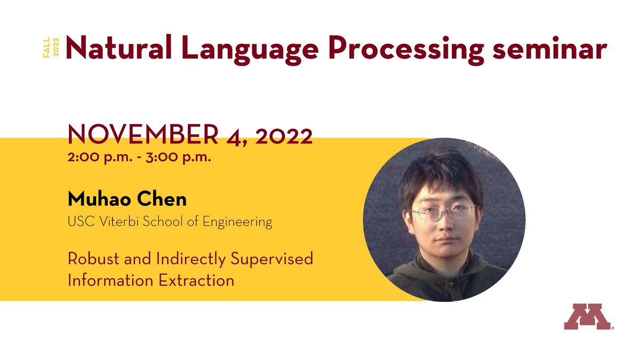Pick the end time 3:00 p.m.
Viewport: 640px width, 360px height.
coord(175,158)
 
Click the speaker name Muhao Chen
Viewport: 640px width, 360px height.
coord(127,199)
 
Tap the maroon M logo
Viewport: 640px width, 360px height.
coord(587,318)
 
